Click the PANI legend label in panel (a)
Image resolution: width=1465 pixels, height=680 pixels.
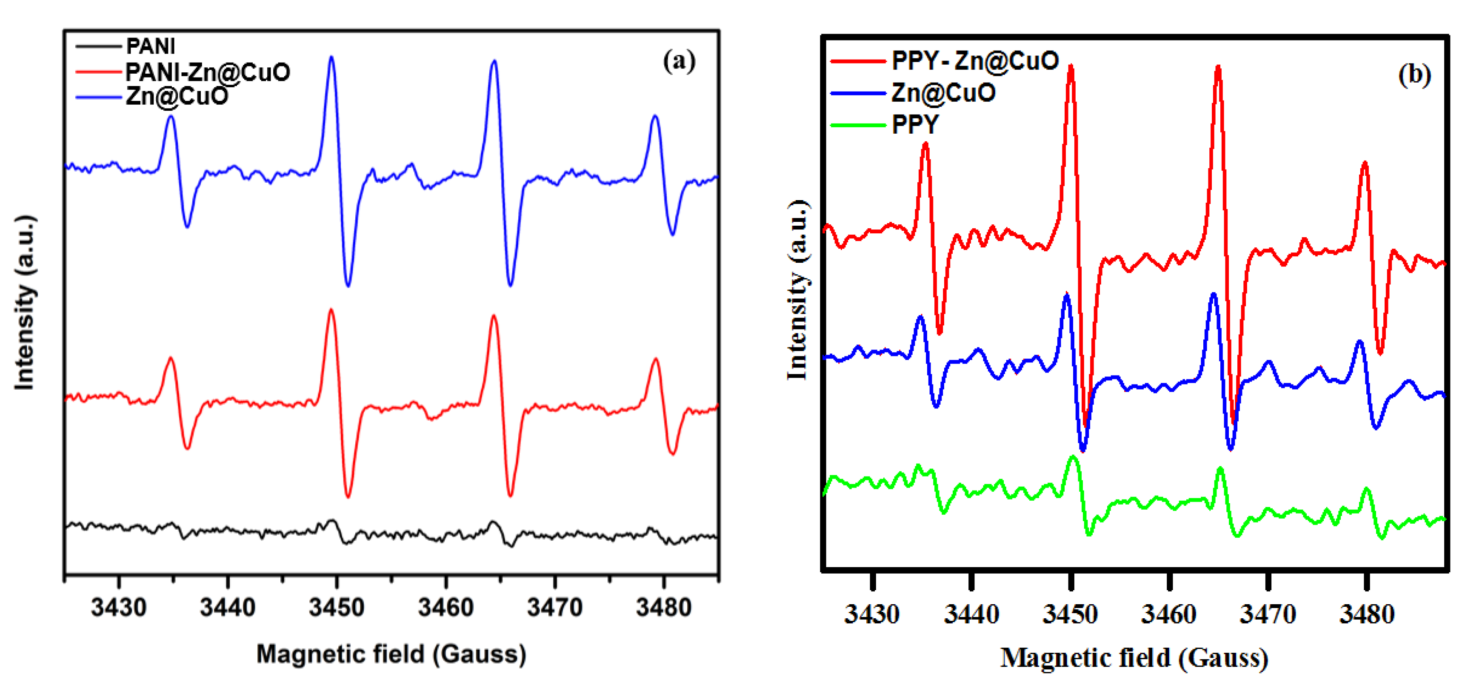(150, 46)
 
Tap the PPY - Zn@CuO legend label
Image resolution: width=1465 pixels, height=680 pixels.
(975, 60)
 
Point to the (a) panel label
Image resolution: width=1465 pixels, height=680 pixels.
(679, 61)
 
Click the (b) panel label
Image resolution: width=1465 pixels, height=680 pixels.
(1414, 75)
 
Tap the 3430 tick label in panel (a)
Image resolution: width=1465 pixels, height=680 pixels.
(118, 608)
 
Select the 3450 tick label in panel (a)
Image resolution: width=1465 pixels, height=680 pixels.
(337, 608)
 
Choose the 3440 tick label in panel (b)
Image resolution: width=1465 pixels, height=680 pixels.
(971, 614)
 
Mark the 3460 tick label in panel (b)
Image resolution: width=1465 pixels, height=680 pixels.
(1169, 614)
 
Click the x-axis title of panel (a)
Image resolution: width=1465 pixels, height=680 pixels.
(391, 654)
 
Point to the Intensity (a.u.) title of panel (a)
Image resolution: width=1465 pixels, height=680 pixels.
(25, 303)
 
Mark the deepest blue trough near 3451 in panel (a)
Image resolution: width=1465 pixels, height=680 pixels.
(348, 284)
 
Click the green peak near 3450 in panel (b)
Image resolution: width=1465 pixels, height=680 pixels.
(1073, 457)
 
